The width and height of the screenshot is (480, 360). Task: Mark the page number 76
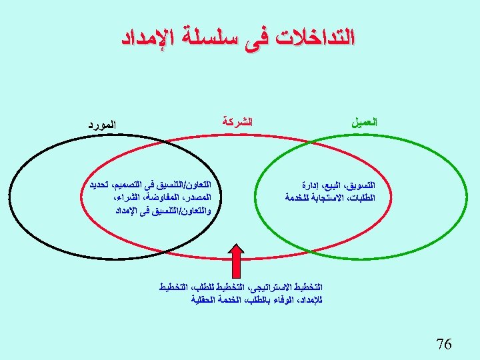tap(443, 344)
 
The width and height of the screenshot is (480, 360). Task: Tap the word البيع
tap(335, 185)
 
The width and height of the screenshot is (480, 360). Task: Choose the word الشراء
tap(129, 198)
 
